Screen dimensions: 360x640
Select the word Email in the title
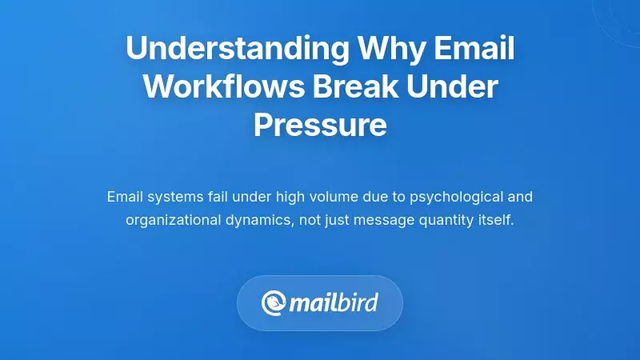[x=473, y=50]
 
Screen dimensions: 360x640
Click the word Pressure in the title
[x=320, y=126]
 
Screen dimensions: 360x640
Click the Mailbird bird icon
[x=274, y=303]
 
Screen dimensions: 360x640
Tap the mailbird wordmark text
[x=334, y=303]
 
